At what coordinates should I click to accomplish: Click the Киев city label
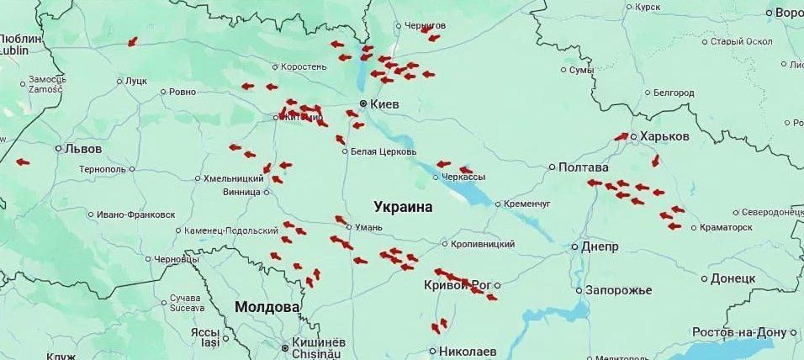pyautogui.click(x=384, y=104)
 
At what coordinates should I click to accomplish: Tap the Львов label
pyautogui.click(x=83, y=149)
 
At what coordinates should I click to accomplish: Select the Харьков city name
pyautogui.click(x=664, y=136)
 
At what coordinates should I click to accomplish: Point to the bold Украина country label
pyautogui.click(x=403, y=207)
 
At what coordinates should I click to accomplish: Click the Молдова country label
pyautogui.click(x=267, y=307)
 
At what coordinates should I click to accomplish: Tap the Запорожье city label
pyautogui.click(x=618, y=290)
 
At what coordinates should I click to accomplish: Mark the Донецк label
pyautogui.click(x=733, y=278)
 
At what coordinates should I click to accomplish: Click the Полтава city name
pyautogui.click(x=583, y=167)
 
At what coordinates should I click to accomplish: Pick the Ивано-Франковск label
pyautogui.click(x=135, y=214)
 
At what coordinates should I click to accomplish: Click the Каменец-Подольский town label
pyautogui.click(x=231, y=230)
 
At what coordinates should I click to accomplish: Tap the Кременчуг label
pyautogui.click(x=526, y=204)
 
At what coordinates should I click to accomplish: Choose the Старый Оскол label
pyautogui.click(x=741, y=41)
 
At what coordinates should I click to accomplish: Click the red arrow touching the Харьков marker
pyautogui.click(x=622, y=136)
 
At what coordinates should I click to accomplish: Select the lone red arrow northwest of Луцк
pyautogui.click(x=132, y=42)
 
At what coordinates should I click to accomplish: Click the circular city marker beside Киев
pyautogui.click(x=363, y=104)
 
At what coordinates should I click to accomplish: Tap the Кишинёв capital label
pyautogui.click(x=318, y=343)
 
